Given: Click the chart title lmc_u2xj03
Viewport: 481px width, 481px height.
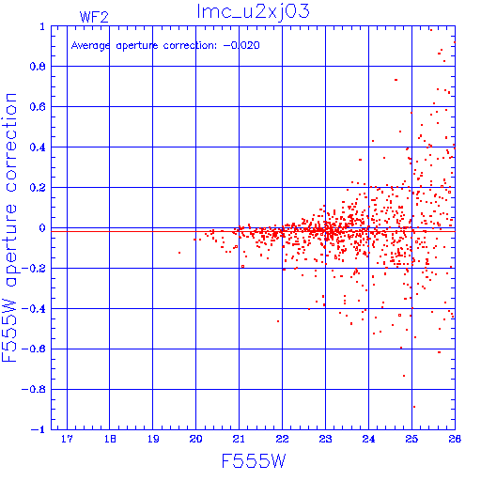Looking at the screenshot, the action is (253, 11).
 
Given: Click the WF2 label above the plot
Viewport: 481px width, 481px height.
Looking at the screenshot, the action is (94, 17).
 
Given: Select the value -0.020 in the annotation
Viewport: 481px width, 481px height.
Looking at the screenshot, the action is (241, 45).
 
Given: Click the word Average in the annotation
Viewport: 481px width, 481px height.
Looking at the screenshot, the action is (90, 46).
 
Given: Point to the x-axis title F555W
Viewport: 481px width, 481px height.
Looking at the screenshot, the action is (254, 460).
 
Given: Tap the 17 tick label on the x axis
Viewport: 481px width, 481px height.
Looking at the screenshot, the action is (67, 439).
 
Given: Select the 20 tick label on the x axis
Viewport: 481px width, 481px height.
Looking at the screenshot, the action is (195, 439).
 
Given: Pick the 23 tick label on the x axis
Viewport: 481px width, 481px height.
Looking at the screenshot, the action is (325, 439).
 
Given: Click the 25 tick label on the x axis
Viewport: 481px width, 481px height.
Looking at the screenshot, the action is (411, 439).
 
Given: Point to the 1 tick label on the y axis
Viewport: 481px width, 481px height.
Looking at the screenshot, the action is (42, 26).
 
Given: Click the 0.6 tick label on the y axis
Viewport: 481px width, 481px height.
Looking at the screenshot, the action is (38, 107).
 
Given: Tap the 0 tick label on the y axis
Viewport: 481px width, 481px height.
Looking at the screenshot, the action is (42, 228).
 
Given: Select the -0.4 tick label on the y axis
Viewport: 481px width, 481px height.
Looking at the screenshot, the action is (34, 309).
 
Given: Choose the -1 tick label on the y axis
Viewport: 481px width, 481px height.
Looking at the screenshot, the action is (38, 429).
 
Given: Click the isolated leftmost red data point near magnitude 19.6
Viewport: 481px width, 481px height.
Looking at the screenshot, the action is (179, 253).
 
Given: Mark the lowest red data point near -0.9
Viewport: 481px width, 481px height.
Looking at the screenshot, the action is (414, 407).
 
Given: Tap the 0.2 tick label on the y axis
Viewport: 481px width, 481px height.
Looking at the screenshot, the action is (38, 188).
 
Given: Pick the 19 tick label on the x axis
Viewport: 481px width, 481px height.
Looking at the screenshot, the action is (153, 439).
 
